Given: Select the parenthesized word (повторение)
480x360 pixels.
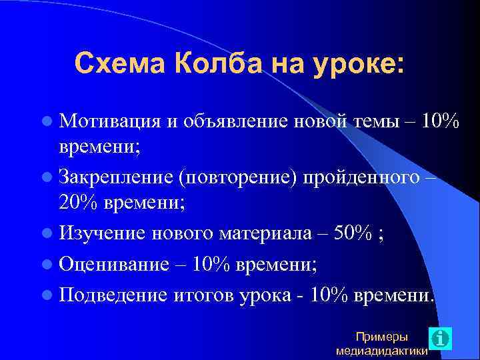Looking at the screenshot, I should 238,179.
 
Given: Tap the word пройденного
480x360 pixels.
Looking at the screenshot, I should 360,179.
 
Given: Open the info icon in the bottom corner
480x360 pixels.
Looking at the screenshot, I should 441,338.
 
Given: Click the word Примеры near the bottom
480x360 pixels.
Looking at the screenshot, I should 383,337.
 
